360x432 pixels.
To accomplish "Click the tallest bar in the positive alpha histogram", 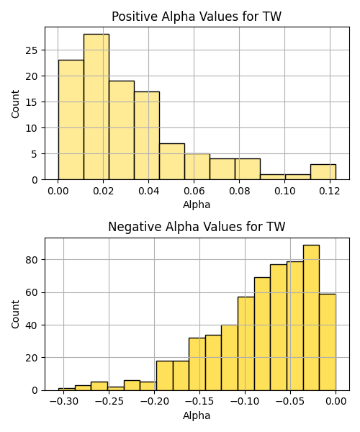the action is pos(96,107).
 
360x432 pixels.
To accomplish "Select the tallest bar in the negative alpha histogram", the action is pos(311,318).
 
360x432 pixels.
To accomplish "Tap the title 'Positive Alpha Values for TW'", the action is pos(197,17).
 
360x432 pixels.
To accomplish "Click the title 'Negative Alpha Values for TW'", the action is pos(197,227).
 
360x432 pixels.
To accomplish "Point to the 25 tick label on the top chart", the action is pos(32,50).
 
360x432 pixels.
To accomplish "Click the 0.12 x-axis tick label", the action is pos(330,191).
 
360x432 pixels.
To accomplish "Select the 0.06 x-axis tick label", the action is pos(194,191).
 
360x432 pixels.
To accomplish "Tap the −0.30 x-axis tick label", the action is pos(63,402).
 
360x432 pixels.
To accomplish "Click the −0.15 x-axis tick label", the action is pos(199,402).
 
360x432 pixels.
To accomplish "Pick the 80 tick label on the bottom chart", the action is pos(32,260).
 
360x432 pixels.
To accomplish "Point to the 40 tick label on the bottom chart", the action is pos(32,325).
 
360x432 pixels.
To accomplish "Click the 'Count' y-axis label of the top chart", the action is pos(15,104).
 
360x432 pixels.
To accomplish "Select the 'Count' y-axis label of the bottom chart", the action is pos(15,315).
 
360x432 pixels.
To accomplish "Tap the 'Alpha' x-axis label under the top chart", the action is pos(197,204).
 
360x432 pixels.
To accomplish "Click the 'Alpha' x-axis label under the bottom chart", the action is pos(197,415).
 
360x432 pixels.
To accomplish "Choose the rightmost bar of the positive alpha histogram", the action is pos(323,172).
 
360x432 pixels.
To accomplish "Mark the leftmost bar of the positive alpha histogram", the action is pos(71,120).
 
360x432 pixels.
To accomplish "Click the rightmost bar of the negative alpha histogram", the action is pos(328,342).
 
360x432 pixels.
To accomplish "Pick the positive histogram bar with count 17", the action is pos(147,135).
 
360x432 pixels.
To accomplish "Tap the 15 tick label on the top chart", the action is pos(32,102).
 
